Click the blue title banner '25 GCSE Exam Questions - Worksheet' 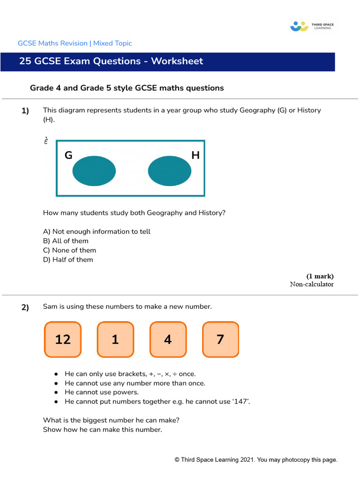[x=167, y=61]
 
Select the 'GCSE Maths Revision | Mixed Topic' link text [x=75, y=43]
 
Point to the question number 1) [x=25, y=111]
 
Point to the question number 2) [x=25, y=307]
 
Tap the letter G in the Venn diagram [x=68, y=155]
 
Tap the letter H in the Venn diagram [x=195, y=155]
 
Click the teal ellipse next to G [x=94, y=171]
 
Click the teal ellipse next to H [x=169, y=171]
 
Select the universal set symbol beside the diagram [x=46, y=141]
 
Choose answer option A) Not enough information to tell [x=97, y=232]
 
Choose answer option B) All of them [x=66, y=241]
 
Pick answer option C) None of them [x=69, y=250]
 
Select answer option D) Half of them [x=68, y=260]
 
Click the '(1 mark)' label [x=320, y=276]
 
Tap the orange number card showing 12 [x=63, y=339]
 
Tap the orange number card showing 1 [x=115, y=339]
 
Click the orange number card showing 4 [x=168, y=339]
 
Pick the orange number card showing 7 [x=220, y=339]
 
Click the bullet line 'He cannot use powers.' [x=102, y=392]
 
